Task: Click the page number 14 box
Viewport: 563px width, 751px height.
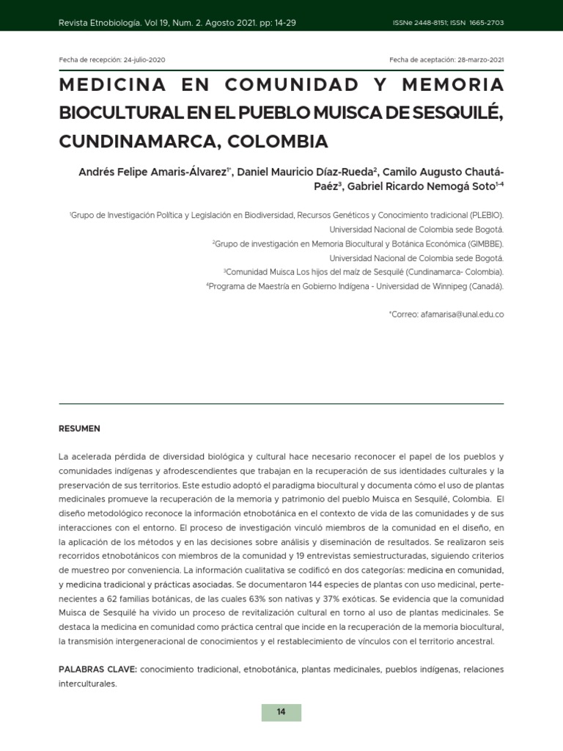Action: pyautogui.click(x=281, y=712)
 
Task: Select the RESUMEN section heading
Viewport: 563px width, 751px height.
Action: pyautogui.click(x=79, y=428)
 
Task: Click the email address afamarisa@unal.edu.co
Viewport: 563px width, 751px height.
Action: pyautogui.click(x=462, y=314)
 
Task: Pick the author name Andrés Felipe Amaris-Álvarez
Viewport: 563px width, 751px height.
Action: pyautogui.click(x=153, y=172)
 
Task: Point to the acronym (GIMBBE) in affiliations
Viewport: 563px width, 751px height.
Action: pyautogui.click(x=486, y=243)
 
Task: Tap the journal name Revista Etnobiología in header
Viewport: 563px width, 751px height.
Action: pyautogui.click(x=100, y=23)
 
